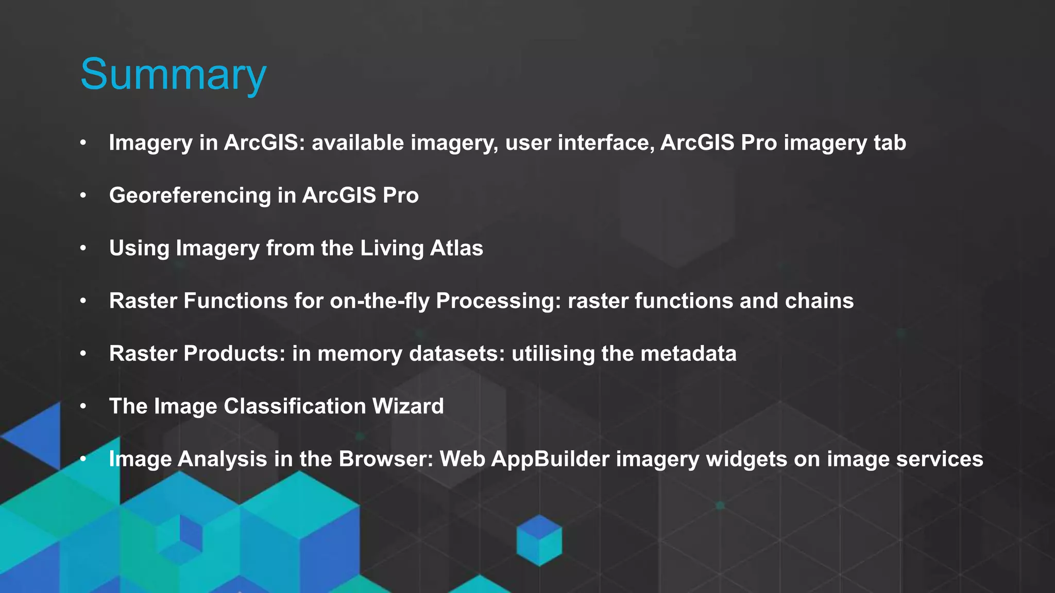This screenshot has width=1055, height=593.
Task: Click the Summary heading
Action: tap(173, 75)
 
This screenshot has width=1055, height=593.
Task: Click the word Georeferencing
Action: tap(190, 196)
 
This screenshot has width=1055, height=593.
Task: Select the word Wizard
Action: tap(407, 406)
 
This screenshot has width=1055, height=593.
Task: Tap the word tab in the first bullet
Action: tap(890, 143)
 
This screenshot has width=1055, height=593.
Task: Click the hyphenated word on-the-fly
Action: tap(380, 301)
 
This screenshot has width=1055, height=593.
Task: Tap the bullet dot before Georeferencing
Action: tap(83, 196)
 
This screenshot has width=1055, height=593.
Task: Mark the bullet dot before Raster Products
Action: tap(83, 354)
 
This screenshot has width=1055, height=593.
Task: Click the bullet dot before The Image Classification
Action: tap(83, 406)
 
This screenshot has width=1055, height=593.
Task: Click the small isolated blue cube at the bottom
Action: tap(539, 540)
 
